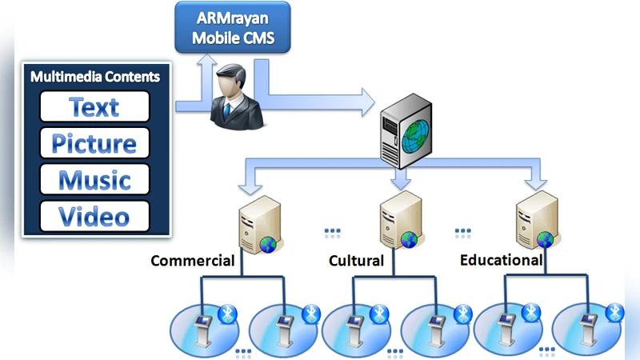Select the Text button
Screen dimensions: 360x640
pos(94,106)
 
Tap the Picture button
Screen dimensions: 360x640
pos(94,143)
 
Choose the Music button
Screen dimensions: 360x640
pos(94,180)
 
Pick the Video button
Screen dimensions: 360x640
pos(94,216)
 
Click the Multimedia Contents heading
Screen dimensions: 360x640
pos(94,77)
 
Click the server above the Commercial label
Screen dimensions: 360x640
pos(257,226)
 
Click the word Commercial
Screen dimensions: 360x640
pos(192,261)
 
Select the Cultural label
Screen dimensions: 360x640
pos(356,261)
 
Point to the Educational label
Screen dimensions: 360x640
pos(501,260)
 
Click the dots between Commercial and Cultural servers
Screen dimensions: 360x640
pos(332,231)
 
